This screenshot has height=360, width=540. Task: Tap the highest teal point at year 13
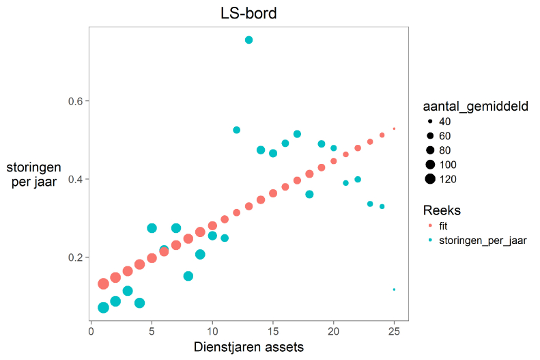tap(248, 40)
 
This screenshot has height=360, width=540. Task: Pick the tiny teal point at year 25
tap(395, 290)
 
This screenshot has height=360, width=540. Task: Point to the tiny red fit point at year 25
tap(395, 128)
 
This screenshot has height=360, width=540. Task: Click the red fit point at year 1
tap(103, 284)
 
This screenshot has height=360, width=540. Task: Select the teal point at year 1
tap(103, 307)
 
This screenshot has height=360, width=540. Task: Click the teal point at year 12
tap(237, 130)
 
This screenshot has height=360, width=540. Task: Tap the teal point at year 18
tap(309, 195)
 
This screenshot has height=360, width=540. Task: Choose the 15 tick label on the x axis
tap(273, 331)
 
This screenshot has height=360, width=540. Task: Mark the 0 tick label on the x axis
tap(91, 331)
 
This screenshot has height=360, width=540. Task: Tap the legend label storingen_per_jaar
tap(483, 240)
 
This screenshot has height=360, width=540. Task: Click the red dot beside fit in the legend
tap(430, 225)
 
